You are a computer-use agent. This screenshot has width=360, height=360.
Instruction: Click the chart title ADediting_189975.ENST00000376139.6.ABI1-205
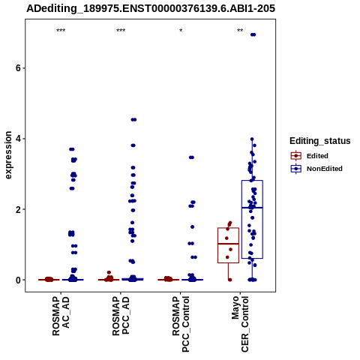[x=151, y=8]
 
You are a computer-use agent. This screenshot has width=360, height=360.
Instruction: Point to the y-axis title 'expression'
[x=8, y=155]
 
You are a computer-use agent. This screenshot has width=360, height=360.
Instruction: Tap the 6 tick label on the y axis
[x=18, y=68]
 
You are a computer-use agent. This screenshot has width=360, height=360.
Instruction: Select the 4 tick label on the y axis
[x=18, y=139]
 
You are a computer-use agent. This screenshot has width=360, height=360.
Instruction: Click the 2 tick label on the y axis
[x=18, y=209]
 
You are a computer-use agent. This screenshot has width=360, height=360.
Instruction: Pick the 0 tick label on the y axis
[x=18, y=280]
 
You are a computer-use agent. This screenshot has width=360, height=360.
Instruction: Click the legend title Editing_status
[x=319, y=141]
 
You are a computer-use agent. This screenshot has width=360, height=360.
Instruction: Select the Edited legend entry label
[x=317, y=156]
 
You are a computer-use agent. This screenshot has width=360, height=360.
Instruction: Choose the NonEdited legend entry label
[x=325, y=169]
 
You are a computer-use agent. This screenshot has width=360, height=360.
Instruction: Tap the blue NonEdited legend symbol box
[x=296, y=169]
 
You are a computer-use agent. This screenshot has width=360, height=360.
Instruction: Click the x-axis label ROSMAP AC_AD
[x=61, y=316]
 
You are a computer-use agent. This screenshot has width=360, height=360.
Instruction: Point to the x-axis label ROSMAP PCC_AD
[x=121, y=316]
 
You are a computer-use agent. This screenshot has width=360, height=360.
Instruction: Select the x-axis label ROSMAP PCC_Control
[x=181, y=324]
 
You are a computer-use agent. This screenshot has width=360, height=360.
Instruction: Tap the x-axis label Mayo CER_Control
[x=240, y=324]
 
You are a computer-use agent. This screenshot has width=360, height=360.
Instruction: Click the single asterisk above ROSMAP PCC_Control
[x=181, y=31]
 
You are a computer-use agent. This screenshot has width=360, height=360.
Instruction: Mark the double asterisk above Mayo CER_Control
[x=240, y=31]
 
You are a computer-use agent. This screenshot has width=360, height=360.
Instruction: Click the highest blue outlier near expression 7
[x=253, y=34]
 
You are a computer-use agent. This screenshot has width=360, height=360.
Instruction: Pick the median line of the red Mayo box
[x=228, y=244]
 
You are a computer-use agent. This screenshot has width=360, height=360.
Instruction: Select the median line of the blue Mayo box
[x=252, y=208]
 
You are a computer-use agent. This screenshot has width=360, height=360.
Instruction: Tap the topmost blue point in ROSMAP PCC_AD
[x=133, y=120]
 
